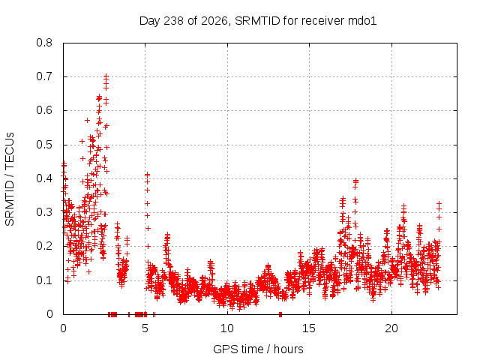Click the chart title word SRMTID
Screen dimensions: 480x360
coord(257,21)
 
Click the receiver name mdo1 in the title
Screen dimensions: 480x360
coord(362,21)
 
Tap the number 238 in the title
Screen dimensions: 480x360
coord(173,21)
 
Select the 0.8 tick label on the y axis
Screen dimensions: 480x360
coord(44,43)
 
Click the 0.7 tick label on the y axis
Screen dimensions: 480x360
coord(44,76)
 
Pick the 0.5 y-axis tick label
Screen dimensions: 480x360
coord(44,145)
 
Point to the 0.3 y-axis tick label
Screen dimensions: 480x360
coord(44,212)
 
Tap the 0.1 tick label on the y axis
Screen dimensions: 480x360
coord(44,280)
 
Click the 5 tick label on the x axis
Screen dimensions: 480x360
coord(145,328)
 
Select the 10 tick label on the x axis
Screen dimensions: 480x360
coord(227,328)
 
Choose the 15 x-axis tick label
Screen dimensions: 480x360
coord(309,328)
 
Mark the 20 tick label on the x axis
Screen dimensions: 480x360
coord(391,328)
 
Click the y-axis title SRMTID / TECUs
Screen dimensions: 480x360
coord(10,179)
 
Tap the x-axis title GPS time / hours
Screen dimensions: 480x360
coord(258,349)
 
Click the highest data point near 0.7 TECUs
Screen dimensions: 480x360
coord(106,76)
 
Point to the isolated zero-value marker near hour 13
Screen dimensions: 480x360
coord(280,314)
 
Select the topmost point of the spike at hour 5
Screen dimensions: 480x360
coord(147,175)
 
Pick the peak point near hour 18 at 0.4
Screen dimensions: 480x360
coord(355,180)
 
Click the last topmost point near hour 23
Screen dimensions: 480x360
coord(439,203)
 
